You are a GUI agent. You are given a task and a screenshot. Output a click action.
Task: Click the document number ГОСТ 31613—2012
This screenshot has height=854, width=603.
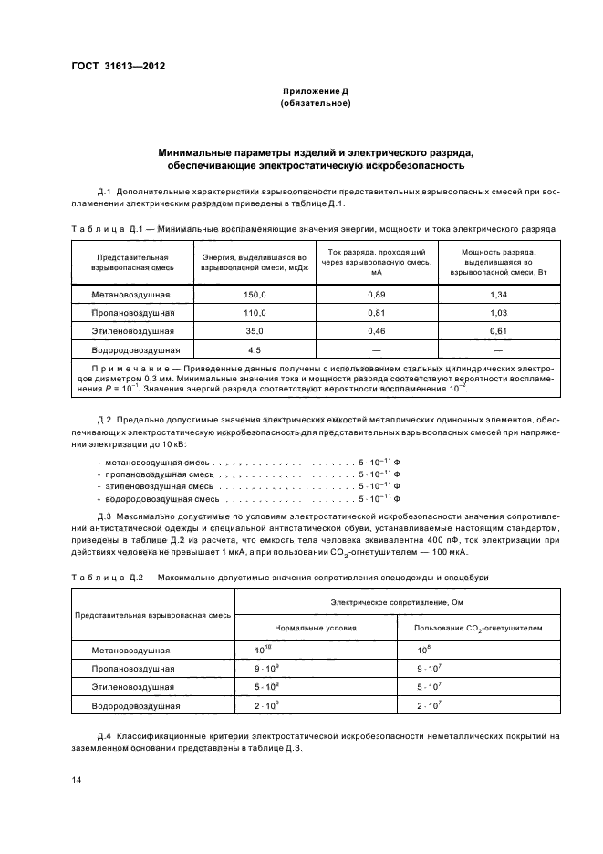(113, 66)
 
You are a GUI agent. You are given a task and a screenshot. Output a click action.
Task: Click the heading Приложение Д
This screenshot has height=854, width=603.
(316, 92)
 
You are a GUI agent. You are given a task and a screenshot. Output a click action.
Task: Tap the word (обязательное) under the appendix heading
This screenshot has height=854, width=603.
(316, 104)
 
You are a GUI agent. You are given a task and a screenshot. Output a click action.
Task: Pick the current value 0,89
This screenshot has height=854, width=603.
(377, 295)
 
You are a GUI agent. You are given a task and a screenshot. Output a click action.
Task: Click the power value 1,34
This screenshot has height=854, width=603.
(498, 295)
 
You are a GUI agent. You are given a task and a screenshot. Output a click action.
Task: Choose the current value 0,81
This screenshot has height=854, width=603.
(377, 313)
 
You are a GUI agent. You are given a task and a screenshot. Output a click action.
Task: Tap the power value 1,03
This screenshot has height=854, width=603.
(498, 313)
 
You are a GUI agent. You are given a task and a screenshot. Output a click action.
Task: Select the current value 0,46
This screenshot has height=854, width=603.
(377, 331)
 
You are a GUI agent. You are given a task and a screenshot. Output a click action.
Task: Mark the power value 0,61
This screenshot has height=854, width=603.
(498, 331)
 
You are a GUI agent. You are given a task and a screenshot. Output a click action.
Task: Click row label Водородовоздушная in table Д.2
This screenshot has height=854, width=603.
(136, 705)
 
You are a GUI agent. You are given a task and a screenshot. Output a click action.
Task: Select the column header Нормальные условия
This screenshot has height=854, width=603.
(317, 628)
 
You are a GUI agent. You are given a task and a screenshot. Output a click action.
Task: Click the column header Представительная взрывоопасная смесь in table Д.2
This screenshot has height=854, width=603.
(152, 615)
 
